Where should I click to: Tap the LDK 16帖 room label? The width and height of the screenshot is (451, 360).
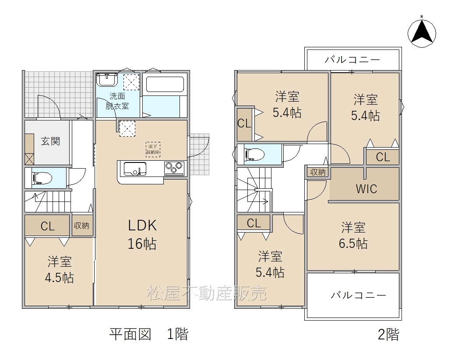click(142, 234)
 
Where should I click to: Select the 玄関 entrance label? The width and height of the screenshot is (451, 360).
click(50, 141)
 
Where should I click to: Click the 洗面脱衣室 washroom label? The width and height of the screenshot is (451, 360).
click(117, 101)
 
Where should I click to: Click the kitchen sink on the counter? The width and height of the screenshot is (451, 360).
click(135, 169)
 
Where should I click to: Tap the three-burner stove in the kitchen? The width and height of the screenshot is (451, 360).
click(174, 169)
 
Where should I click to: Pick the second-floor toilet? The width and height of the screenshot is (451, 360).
click(254, 155)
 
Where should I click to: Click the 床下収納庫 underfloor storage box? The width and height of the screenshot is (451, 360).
click(153, 149)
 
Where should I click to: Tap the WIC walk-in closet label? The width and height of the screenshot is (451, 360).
click(366, 189)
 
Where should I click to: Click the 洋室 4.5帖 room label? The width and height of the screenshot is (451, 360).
click(60, 270)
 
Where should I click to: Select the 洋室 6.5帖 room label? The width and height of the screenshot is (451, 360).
click(353, 235)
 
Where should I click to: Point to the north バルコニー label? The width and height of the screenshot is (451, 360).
click(352, 60)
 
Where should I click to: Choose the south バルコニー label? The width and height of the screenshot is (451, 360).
click(358, 295)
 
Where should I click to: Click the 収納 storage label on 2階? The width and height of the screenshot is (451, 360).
click(318, 172)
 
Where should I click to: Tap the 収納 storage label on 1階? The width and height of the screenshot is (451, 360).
click(81, 226)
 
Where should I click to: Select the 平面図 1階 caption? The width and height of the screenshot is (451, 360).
click(149, 334)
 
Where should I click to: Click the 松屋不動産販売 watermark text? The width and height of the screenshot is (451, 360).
click(207, 293)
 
